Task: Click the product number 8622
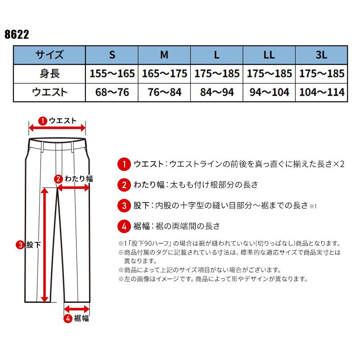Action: (x=16, y=35)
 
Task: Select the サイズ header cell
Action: (x=49, y=55)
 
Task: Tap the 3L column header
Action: (x=321, y=55)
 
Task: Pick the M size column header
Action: (x=164, y=55)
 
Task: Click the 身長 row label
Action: (x=49, y=74)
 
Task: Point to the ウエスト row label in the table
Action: (x=49, y=92)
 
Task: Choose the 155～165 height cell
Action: (x=112, y=74)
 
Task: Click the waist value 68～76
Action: (x=112, y=92)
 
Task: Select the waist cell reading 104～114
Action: (x=321, y=92)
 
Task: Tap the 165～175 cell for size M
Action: (x=164, y=74)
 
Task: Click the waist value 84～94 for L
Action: (x=216, y=92)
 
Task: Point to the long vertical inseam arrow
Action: (x=44, y=245)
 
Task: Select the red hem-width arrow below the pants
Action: (x=76, y=309)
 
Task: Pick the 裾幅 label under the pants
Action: (x=81, y=319)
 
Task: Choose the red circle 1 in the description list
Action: (x=123, y=164)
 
